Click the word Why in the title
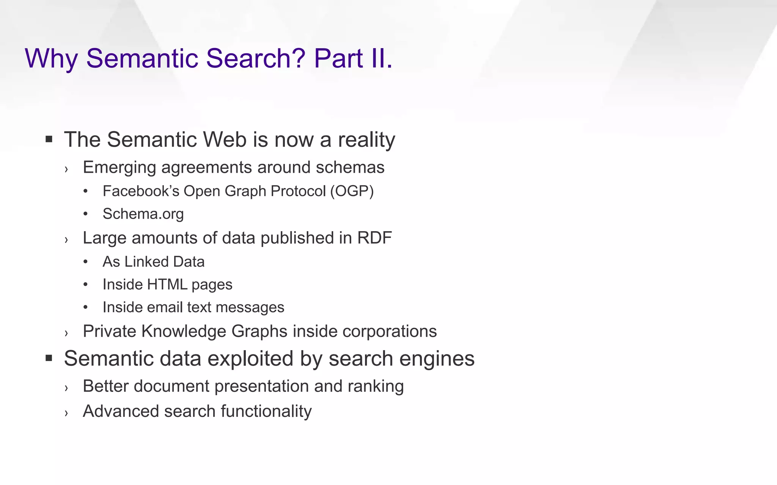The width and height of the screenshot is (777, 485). coord(51,59)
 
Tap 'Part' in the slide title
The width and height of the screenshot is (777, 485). coord(338,59)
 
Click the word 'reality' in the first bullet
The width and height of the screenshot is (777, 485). coord(366,140)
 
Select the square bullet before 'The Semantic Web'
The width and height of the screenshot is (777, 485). coord(49,139)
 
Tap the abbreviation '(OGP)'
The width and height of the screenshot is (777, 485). coord(352,191)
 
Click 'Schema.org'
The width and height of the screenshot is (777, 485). coord(143,214)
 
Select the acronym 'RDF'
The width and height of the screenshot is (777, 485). coord(374,238)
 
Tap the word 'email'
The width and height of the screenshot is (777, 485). coord(165,307)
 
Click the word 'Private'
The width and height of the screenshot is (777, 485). coord(110,331)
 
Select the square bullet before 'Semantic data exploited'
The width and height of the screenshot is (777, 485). coord(49,358)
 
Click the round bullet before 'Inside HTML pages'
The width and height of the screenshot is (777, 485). coord(86,284)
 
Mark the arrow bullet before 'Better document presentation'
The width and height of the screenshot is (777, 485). coord(66,388)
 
